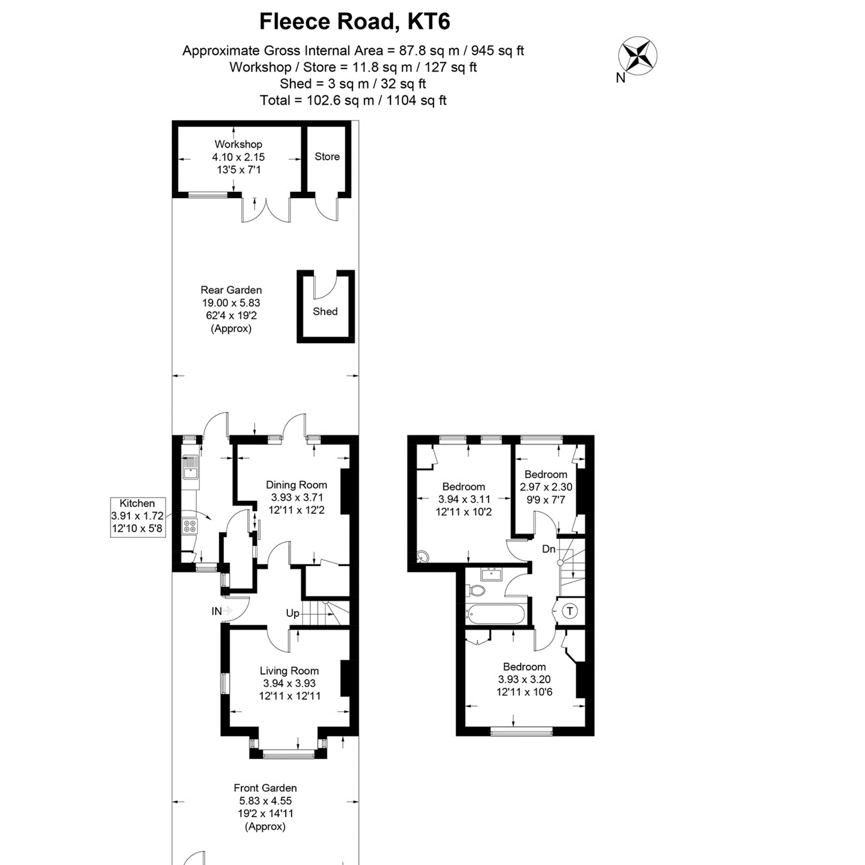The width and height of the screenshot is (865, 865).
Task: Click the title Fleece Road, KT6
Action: tap(355, 21)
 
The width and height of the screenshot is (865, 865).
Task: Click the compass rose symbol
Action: tap(638, 56)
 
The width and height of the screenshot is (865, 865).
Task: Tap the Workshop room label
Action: tap(238, 144)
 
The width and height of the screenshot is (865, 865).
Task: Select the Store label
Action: tap(327, 157)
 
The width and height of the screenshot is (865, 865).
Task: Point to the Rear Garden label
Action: tap(231, 290)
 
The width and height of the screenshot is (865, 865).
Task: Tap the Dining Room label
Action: tap(296, 485)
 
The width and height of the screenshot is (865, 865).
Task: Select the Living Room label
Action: tap(289, 671)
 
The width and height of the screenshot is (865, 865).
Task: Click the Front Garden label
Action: tap(265, 788)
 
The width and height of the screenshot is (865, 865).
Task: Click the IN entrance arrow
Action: tap(227, 611)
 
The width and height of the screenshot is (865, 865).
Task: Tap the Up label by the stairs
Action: tap(292, 613)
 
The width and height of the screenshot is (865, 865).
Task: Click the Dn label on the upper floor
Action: tap(548, 549)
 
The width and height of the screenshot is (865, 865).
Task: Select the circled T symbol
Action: tap(569, 611)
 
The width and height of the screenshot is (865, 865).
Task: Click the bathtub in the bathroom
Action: tap(495, 614)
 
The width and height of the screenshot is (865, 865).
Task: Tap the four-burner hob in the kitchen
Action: tap(190, 526)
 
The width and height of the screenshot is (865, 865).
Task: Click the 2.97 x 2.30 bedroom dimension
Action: tap(546, 487)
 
